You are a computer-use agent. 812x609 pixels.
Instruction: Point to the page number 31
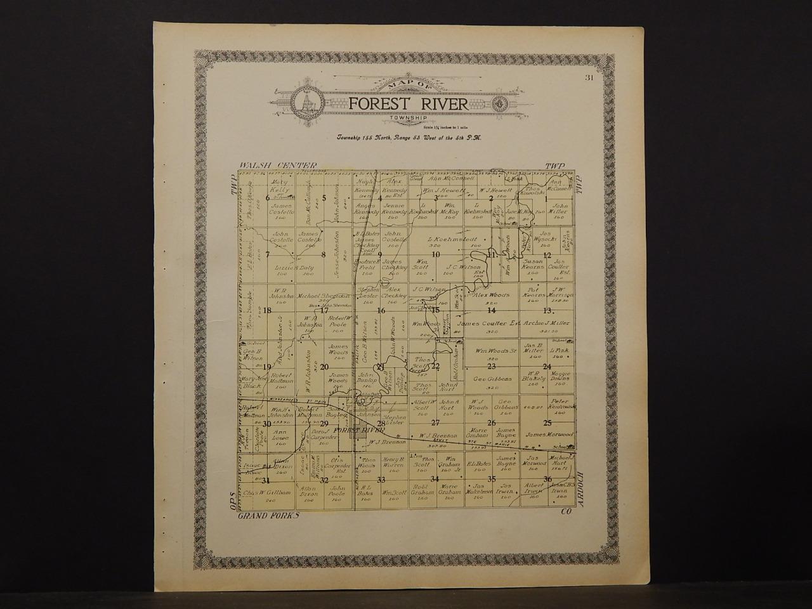(x=589, y=78)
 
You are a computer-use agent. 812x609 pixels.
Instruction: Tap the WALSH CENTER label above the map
(x=265, y=166)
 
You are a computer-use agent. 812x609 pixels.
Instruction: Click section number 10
(x=436, y=255)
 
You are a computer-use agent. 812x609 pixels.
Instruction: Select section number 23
(x=491, y=366)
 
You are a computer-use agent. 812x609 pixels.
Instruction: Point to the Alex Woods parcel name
(x=492, y=295)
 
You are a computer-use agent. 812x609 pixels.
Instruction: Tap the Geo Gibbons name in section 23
(x=489, y=379)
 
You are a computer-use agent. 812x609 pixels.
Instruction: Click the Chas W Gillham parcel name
(x=267, y=492)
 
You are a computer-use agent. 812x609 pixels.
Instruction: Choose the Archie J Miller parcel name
(x=547, y=323)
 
